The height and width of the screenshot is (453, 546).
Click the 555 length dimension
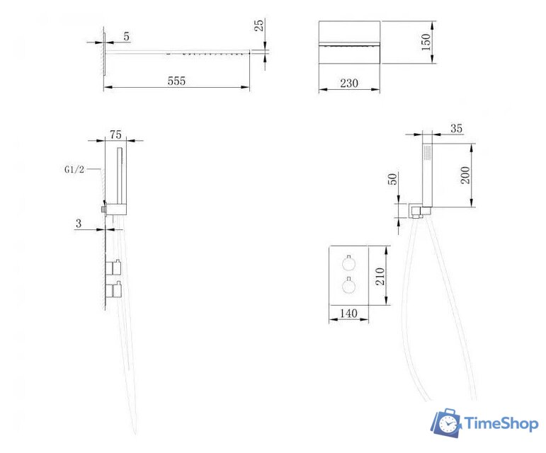[176, 81]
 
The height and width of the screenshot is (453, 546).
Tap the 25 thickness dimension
[259, 25]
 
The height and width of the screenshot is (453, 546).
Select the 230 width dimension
[349, 84]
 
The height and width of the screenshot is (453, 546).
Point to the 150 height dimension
[426, 42]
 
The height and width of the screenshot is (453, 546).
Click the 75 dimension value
[115, 134]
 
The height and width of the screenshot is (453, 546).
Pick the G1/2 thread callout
[74, 169]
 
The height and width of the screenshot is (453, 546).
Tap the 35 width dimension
[457, 128]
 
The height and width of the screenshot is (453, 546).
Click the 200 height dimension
[465, 176]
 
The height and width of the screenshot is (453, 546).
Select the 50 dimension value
[392, 179]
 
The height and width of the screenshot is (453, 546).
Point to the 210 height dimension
[380, 277]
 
